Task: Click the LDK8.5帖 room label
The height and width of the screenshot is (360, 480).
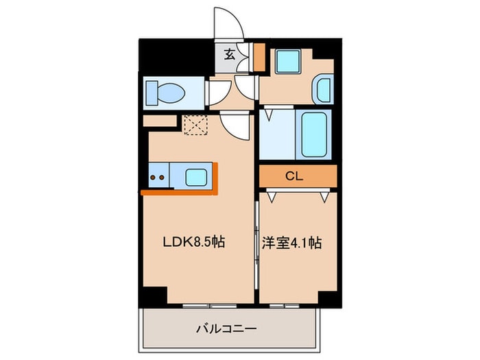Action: (194, 242)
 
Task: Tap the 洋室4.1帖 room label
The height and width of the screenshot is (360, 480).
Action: (291, 243)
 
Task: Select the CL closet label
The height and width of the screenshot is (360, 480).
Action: (294, 176)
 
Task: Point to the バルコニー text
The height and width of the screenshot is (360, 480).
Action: (226, 329)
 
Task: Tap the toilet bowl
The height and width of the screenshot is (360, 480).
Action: (171, 93)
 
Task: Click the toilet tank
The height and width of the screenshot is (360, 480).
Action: (152, 93)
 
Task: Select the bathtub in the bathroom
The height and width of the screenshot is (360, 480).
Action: (313, 134)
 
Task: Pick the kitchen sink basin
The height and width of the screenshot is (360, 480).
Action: (196, 177)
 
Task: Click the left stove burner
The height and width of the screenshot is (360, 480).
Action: (152, 177)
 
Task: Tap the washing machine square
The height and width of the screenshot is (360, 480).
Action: (288, 62)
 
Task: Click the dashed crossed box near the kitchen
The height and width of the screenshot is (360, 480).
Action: (195, 125)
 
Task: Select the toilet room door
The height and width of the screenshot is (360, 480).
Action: (218, 93)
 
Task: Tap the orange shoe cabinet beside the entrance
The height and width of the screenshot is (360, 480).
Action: (260, 57)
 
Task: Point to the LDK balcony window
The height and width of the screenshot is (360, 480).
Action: (210, 306)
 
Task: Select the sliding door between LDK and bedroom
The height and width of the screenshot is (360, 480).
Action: (256, 245)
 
